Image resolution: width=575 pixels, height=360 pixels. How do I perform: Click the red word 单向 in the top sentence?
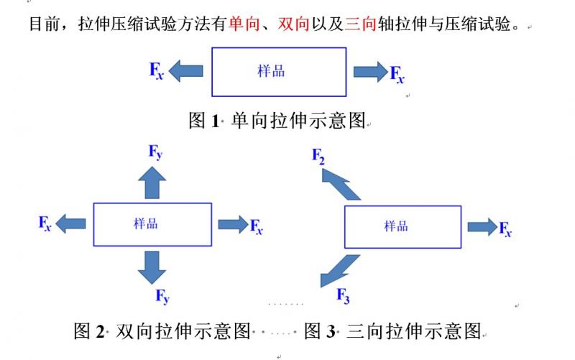point(241,24)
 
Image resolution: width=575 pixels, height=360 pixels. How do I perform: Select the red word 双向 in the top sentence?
point(293,24)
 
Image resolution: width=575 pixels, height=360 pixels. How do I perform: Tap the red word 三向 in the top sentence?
point(360,24)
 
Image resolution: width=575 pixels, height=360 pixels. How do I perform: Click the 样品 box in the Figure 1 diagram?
point(278,72)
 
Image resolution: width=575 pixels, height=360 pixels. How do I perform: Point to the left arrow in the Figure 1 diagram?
point(186,70)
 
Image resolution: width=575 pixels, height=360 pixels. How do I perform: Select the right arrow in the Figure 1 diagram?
point(370,71)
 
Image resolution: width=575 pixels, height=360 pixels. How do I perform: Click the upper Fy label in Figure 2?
point(156,152)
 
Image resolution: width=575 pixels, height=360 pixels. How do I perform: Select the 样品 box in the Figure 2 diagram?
point(152,224)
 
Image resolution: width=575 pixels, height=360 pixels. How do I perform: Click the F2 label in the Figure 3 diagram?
point(319,155)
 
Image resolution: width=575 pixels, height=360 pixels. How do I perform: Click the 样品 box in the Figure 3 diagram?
point(402,226)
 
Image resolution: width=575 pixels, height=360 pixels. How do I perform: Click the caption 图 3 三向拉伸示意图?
point(392,331)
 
